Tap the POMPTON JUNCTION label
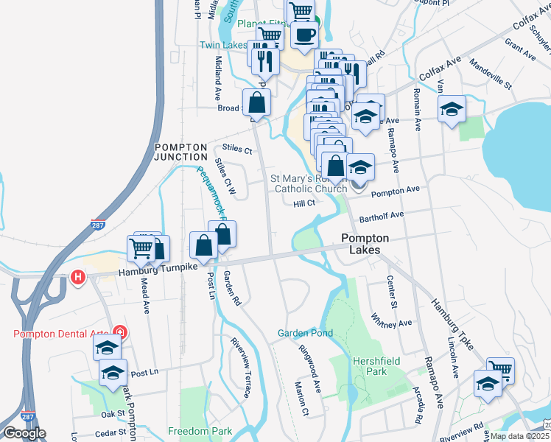pos(180,152)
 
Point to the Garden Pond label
pos(305,333)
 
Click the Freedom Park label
pos(200,431)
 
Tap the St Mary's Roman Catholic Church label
pos(309,183)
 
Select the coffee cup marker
pos(303,33)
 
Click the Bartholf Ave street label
pos(382,216)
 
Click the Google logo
pos(24,433)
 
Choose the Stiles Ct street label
pos(237,151)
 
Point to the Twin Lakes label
pos(223,45)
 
